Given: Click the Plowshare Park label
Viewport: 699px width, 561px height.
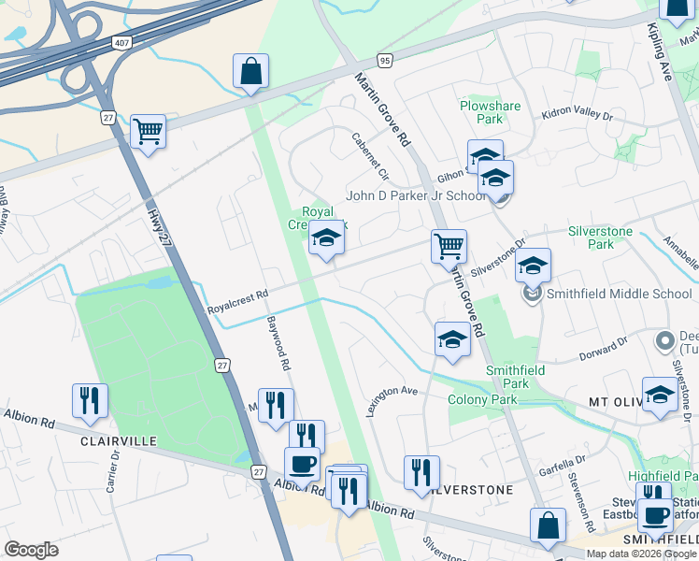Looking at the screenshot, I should (x=490, y=113).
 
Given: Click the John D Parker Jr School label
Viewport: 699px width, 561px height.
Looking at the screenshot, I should (x=416, y=195).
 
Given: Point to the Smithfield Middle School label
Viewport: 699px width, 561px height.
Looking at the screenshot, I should (x=620, y=294).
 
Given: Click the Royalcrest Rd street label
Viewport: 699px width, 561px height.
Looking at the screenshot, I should (x=237, y=299).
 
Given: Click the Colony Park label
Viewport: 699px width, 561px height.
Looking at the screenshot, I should (x=482, y=399).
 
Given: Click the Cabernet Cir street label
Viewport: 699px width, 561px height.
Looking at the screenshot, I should (x=369, y=154).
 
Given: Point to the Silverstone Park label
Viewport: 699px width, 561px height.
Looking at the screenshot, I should (x=600, y=237).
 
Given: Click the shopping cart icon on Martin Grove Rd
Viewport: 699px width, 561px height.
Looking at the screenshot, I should (x=449, y=247).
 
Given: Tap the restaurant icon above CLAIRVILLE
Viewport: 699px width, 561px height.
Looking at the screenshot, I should (x=90, y=400).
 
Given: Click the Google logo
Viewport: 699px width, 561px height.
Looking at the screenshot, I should (x=31, y=550).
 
